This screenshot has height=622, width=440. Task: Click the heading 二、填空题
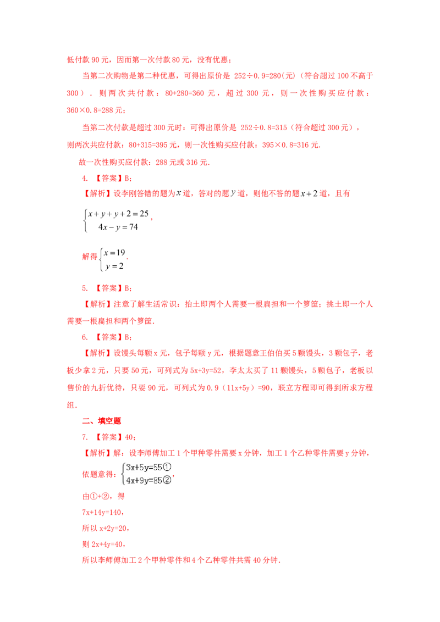tap(101, 421)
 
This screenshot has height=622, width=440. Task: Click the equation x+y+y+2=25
tap(118, 214)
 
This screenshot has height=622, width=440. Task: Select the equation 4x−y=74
tap(118, 227)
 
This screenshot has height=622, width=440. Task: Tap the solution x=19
tap(114, 253)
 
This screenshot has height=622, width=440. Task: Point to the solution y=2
tap(114, 266)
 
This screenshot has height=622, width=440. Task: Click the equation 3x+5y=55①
tap(148, 468)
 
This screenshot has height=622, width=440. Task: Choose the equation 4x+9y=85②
tap(148, 480)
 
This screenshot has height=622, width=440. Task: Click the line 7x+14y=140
tap(103, 513)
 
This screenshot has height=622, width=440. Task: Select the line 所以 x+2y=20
tap(105, 529)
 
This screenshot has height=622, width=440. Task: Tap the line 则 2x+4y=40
tap(103, 544)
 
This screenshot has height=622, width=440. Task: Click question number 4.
tap(85, 179)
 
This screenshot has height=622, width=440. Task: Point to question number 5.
tap(85, 288)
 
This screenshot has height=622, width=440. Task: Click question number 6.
tap(85, 337)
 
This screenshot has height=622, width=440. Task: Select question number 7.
tap(85, 437)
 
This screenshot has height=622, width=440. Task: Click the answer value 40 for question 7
tap(129, 437)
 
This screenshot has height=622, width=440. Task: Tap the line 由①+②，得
tap(103, 496)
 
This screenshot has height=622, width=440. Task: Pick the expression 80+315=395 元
tap(152, 145)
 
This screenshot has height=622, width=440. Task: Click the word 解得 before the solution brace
tap(89, 257)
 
